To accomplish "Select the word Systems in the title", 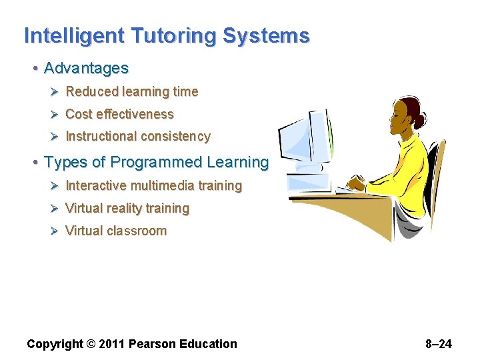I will pos(266,36).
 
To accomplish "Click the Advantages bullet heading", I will pos(86,68).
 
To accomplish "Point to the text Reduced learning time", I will pos(131,91).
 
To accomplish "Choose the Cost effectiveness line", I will pos(119,114).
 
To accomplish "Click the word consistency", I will pos(175,137).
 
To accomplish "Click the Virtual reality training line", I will pos(127,208).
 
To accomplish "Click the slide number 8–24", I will pos(438,344).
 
